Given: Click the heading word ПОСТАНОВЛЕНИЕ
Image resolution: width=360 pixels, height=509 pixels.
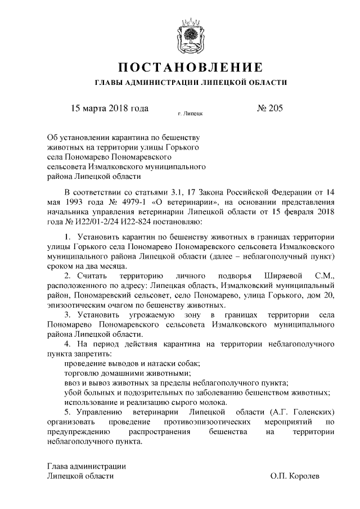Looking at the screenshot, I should pos(190,68).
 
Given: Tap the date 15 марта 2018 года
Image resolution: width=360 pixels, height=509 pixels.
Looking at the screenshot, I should pos(109,109).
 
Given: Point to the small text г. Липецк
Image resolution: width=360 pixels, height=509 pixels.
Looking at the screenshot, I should pos(190,114).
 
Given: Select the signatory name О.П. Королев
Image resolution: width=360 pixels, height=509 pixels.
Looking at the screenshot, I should pos(295,476).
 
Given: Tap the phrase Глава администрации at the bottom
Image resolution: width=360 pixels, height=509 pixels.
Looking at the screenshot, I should pos(86,466).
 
